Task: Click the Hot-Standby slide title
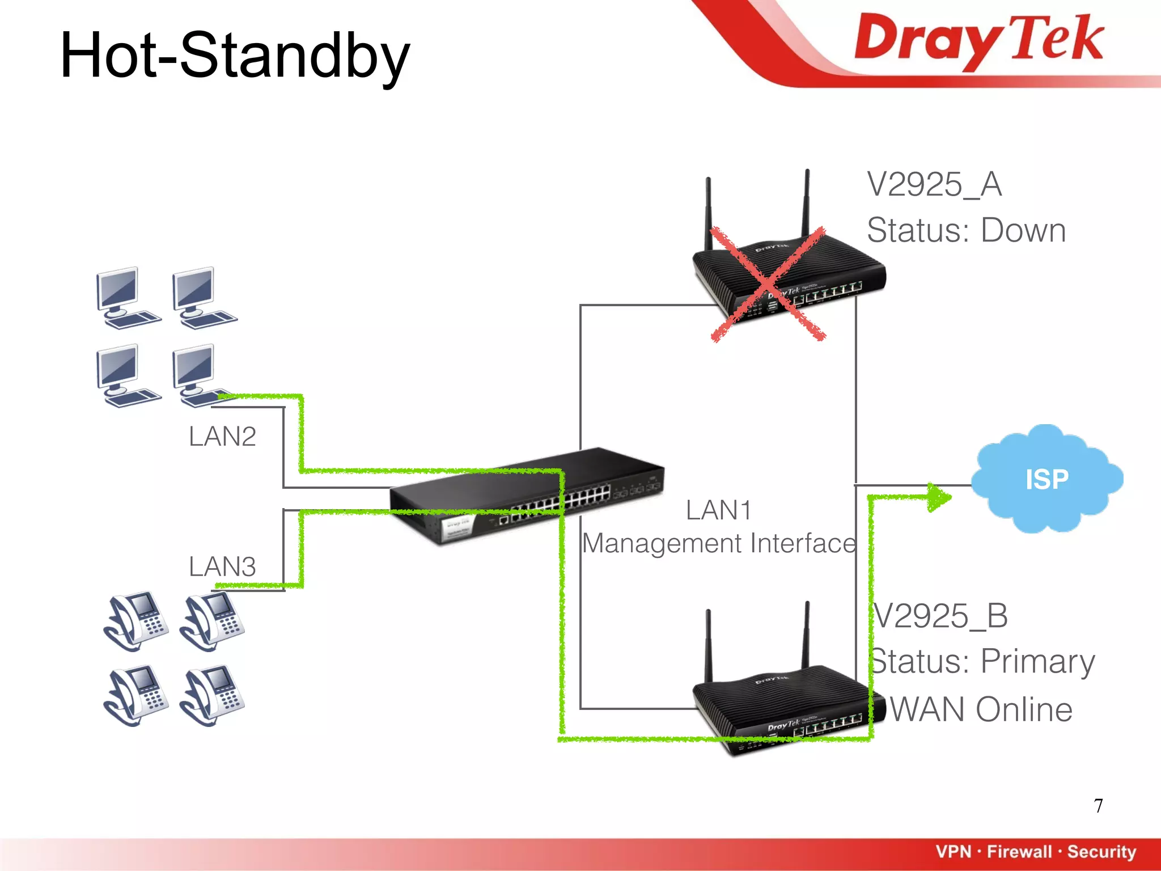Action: [x=235, y=56]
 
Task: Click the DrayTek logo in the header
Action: [x=978, y=40]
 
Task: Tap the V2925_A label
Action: [x=934, y=184]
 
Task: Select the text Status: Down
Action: [x=966, y=230]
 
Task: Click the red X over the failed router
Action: [x=768, y=284]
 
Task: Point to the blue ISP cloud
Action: [x=1046, y=479]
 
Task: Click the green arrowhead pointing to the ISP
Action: [x=939, y=497]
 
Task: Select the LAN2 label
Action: [x=222, y=437]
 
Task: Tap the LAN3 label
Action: [x=222, y=566]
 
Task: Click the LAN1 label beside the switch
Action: [x=718, y=510]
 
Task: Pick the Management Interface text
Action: [x=719, y=543]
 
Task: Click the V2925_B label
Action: [x=940, y=616]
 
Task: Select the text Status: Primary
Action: [x=982, y=661]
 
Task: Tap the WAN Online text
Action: [x=981, y=709]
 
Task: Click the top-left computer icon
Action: [x=126, y=298]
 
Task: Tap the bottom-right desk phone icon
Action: [x=212, y=695]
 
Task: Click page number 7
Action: [x=1098, y=806]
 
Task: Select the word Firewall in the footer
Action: [x=1019, y=852]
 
